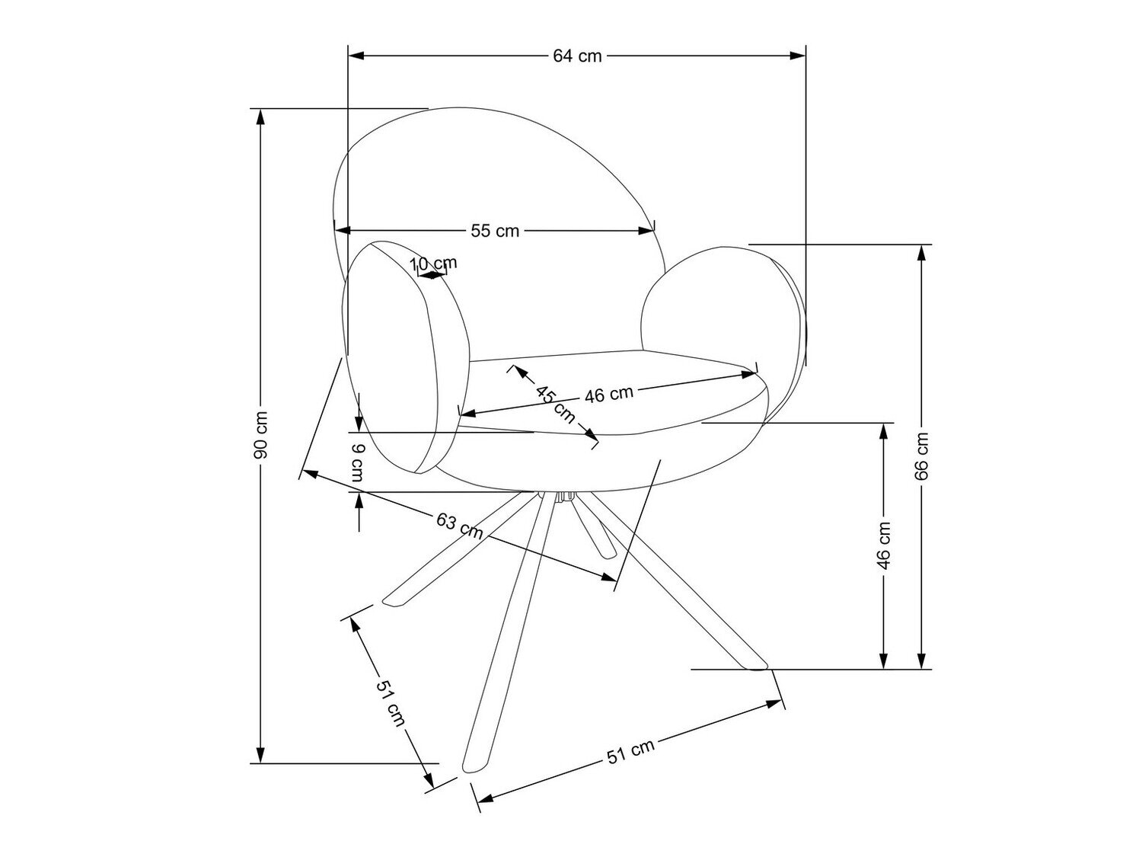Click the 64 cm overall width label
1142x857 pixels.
(577, 56)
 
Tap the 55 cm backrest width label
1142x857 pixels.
(495, 231)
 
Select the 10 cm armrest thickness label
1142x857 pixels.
(434, 264)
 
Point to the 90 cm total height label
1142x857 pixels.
(260, 435)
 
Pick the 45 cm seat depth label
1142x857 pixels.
(557, 405)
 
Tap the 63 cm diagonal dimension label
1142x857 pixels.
(459, 526)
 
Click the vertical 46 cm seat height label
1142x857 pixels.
(883, 546)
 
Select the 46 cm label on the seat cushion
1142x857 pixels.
(609, 394)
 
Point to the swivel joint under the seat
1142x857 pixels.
(563, 497)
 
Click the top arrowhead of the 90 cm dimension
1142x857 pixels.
(260, 117)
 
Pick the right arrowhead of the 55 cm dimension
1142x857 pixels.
(646, 230)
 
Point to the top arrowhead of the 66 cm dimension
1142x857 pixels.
(922, 252)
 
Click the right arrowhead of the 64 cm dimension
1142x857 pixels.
(798, 55)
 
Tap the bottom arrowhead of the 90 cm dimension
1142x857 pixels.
(260, 755)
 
